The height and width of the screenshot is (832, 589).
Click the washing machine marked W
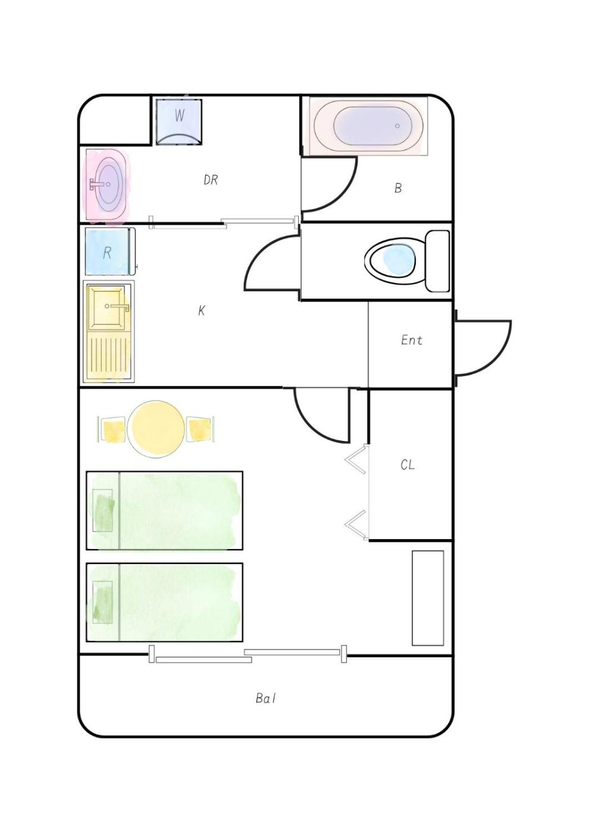(179, 122)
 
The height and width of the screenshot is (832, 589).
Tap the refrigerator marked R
(108, 251)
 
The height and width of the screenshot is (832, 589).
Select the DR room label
(211, 180)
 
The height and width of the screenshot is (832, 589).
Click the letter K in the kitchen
(202, 310)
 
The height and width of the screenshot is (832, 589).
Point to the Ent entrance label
(412, 340)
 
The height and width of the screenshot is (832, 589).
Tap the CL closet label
(408, 465)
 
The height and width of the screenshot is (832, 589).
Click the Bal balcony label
(265, 699)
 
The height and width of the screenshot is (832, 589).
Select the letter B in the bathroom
(398, 188)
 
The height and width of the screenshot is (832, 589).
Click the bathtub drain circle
(397, 126)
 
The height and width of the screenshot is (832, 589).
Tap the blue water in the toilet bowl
(399, 259)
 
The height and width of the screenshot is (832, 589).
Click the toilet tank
(437, 261)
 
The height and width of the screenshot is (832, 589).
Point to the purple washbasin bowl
(108, 184)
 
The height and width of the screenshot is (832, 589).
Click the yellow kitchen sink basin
(106, 308)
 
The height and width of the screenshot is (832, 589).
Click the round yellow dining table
(156, 429)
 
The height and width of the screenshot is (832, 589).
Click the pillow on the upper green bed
(103, 510)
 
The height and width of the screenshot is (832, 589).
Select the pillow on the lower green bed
(102, 602)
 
